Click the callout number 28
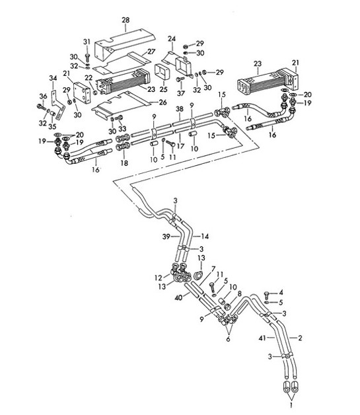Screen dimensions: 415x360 (x=126, y=21)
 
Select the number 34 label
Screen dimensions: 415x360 (x=54, y=77)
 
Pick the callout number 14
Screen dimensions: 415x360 (x=205, y=235)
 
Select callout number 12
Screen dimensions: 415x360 (x=158, y=276)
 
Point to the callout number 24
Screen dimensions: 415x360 (x=171, y=38)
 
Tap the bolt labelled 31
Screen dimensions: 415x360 (x=87, y=56)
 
